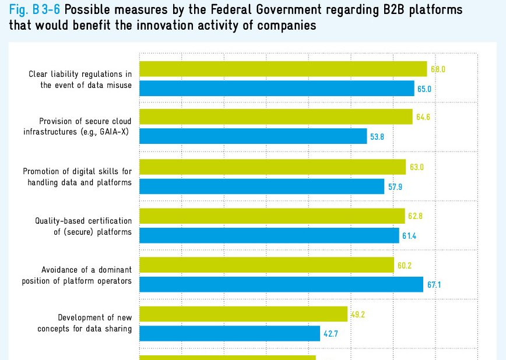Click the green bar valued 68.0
coord(283,69)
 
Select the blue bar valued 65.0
coord(277,89)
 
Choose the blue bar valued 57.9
coord(262,186)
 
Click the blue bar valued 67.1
coord(281,284)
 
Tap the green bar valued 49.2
coord(244,315)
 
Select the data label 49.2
coord(357,315)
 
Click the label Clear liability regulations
coord(80,74)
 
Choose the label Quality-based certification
coord(83,221)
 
